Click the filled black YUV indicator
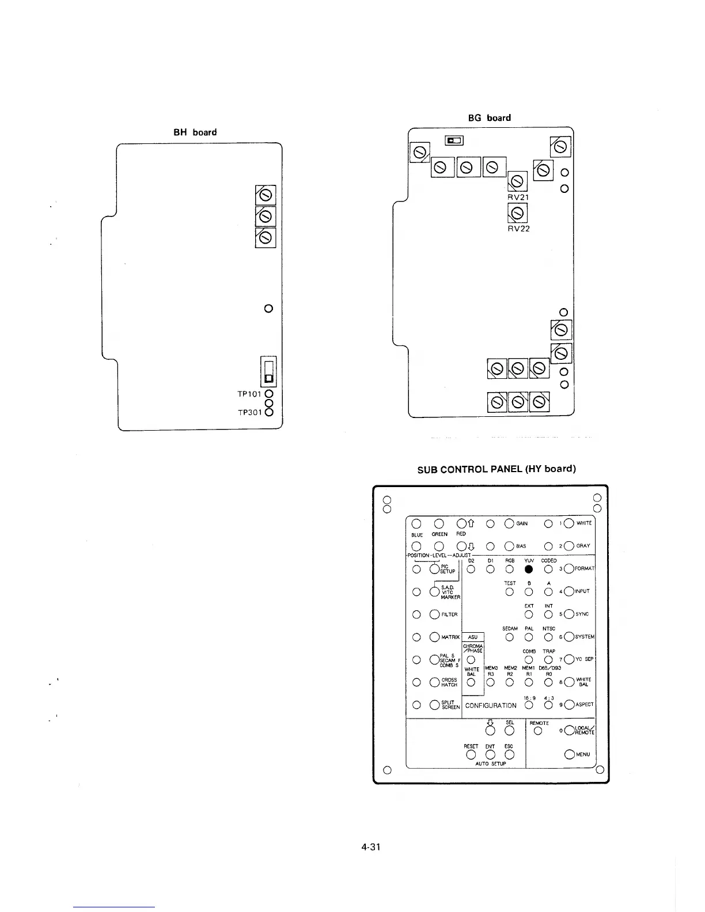pyautogui.click(x=529, y=569)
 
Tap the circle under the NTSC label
pyautogui.click(x=548, y=637)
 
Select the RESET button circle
pyautogui.click(x=471, y=755)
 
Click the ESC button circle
pyautogui.click(x=509, y=755)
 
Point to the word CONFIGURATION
pyautogui.click(x=491, y=705)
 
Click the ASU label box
pyautogui.click(x=473, y=637)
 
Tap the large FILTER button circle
pyautogui.click(x=435, y=614)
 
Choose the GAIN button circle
pyautogui.click(x=510, y=523)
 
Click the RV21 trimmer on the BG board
pyautogui.click(x=517, y=181)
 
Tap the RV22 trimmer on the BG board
pyautogui.click(x=517, y=214)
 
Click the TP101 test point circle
pyautogui.click(x=269, y=394)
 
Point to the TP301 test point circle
pyautogui.click(x=269, y=412)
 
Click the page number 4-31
pyautogui.click(x=371, y=847)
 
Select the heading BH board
pyautogui.click(x=195, y=132)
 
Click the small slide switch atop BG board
pyautogui.click(x=454, y=140)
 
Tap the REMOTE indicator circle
pyautogui.click(x=538, y=731)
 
